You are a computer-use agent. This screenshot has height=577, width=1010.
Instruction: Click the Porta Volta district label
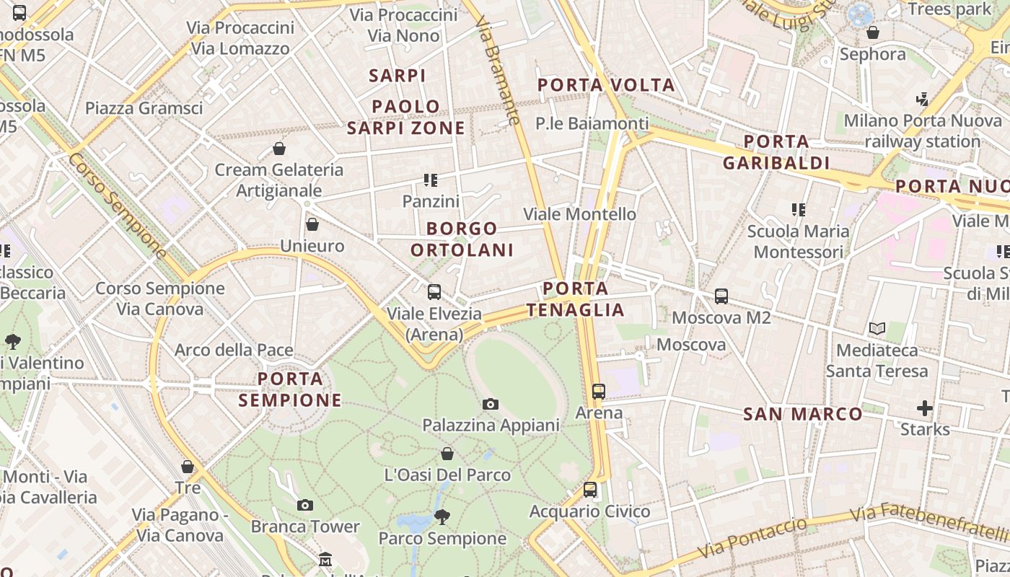click(x=606, y=85)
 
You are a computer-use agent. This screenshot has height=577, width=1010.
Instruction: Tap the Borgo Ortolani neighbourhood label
click(x=462, y=239)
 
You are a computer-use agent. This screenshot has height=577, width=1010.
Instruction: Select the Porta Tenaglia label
click(x=575, y=299)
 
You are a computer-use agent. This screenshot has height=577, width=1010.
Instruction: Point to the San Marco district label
click(x=803, y=414)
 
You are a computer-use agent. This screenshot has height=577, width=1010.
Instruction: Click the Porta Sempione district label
click(x=290, y=389)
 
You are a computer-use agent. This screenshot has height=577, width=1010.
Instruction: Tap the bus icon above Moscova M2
click(x=721, y=296)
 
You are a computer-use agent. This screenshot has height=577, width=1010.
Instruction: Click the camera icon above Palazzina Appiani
click(x=491, y=404)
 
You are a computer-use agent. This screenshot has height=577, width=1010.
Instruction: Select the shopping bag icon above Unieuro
click(x=312, y=225)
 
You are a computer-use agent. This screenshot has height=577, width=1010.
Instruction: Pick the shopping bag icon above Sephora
click(x=873, y=33)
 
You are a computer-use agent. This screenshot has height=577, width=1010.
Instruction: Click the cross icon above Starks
click(x=925, y=409)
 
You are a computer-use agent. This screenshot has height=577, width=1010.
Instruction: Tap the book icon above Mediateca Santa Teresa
click(x=877, y=329)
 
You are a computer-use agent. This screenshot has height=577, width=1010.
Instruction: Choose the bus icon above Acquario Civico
click(x=590, y=490)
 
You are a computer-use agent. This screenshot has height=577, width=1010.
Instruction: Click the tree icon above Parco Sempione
click(x=442, y=516)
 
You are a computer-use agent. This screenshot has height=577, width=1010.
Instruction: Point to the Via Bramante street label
click(x=499, y=72)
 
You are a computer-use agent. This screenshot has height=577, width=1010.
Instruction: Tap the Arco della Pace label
click(x=234, y=351)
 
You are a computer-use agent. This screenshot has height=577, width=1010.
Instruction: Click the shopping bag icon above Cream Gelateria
click(x=279, y=149)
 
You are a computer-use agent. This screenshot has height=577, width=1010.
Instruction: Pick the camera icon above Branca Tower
click(x=305, y=505)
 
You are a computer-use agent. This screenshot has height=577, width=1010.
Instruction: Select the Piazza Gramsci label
click(x=144, y=108)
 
